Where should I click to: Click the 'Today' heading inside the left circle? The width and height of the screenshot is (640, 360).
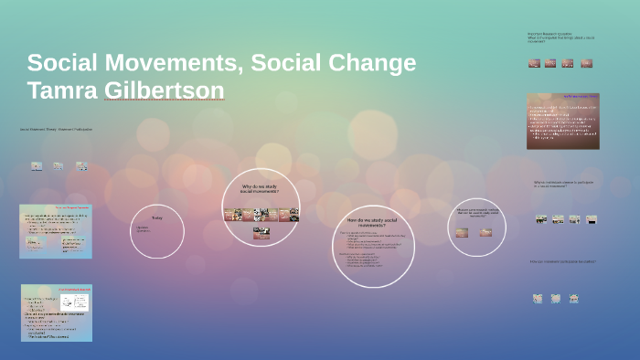pyautogui.click(x=156, y=218)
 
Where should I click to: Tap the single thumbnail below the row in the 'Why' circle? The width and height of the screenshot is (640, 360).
pyautogui.click(x=261, y=232)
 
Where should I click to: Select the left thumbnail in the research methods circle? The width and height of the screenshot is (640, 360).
pyautogui.click(x=463, y=233)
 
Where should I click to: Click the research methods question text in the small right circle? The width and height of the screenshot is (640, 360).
pyautogui.click(x=476, y=214)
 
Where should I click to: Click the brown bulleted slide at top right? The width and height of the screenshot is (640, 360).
pyautogui.click(x=562, y=121)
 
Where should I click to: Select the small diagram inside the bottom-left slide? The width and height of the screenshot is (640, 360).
pyautogui.click(x=80, y=302)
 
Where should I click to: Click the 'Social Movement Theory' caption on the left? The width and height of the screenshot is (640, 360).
pyautogui.click(x=55, y=129)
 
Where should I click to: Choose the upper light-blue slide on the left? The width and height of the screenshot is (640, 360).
pyautogui.click(x=55, y=230)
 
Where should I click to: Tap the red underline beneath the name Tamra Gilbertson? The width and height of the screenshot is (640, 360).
pyautogui.click(x=163, y=102)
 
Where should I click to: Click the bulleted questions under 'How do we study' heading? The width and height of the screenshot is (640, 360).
pyautogui.click(x=370, y=254)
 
